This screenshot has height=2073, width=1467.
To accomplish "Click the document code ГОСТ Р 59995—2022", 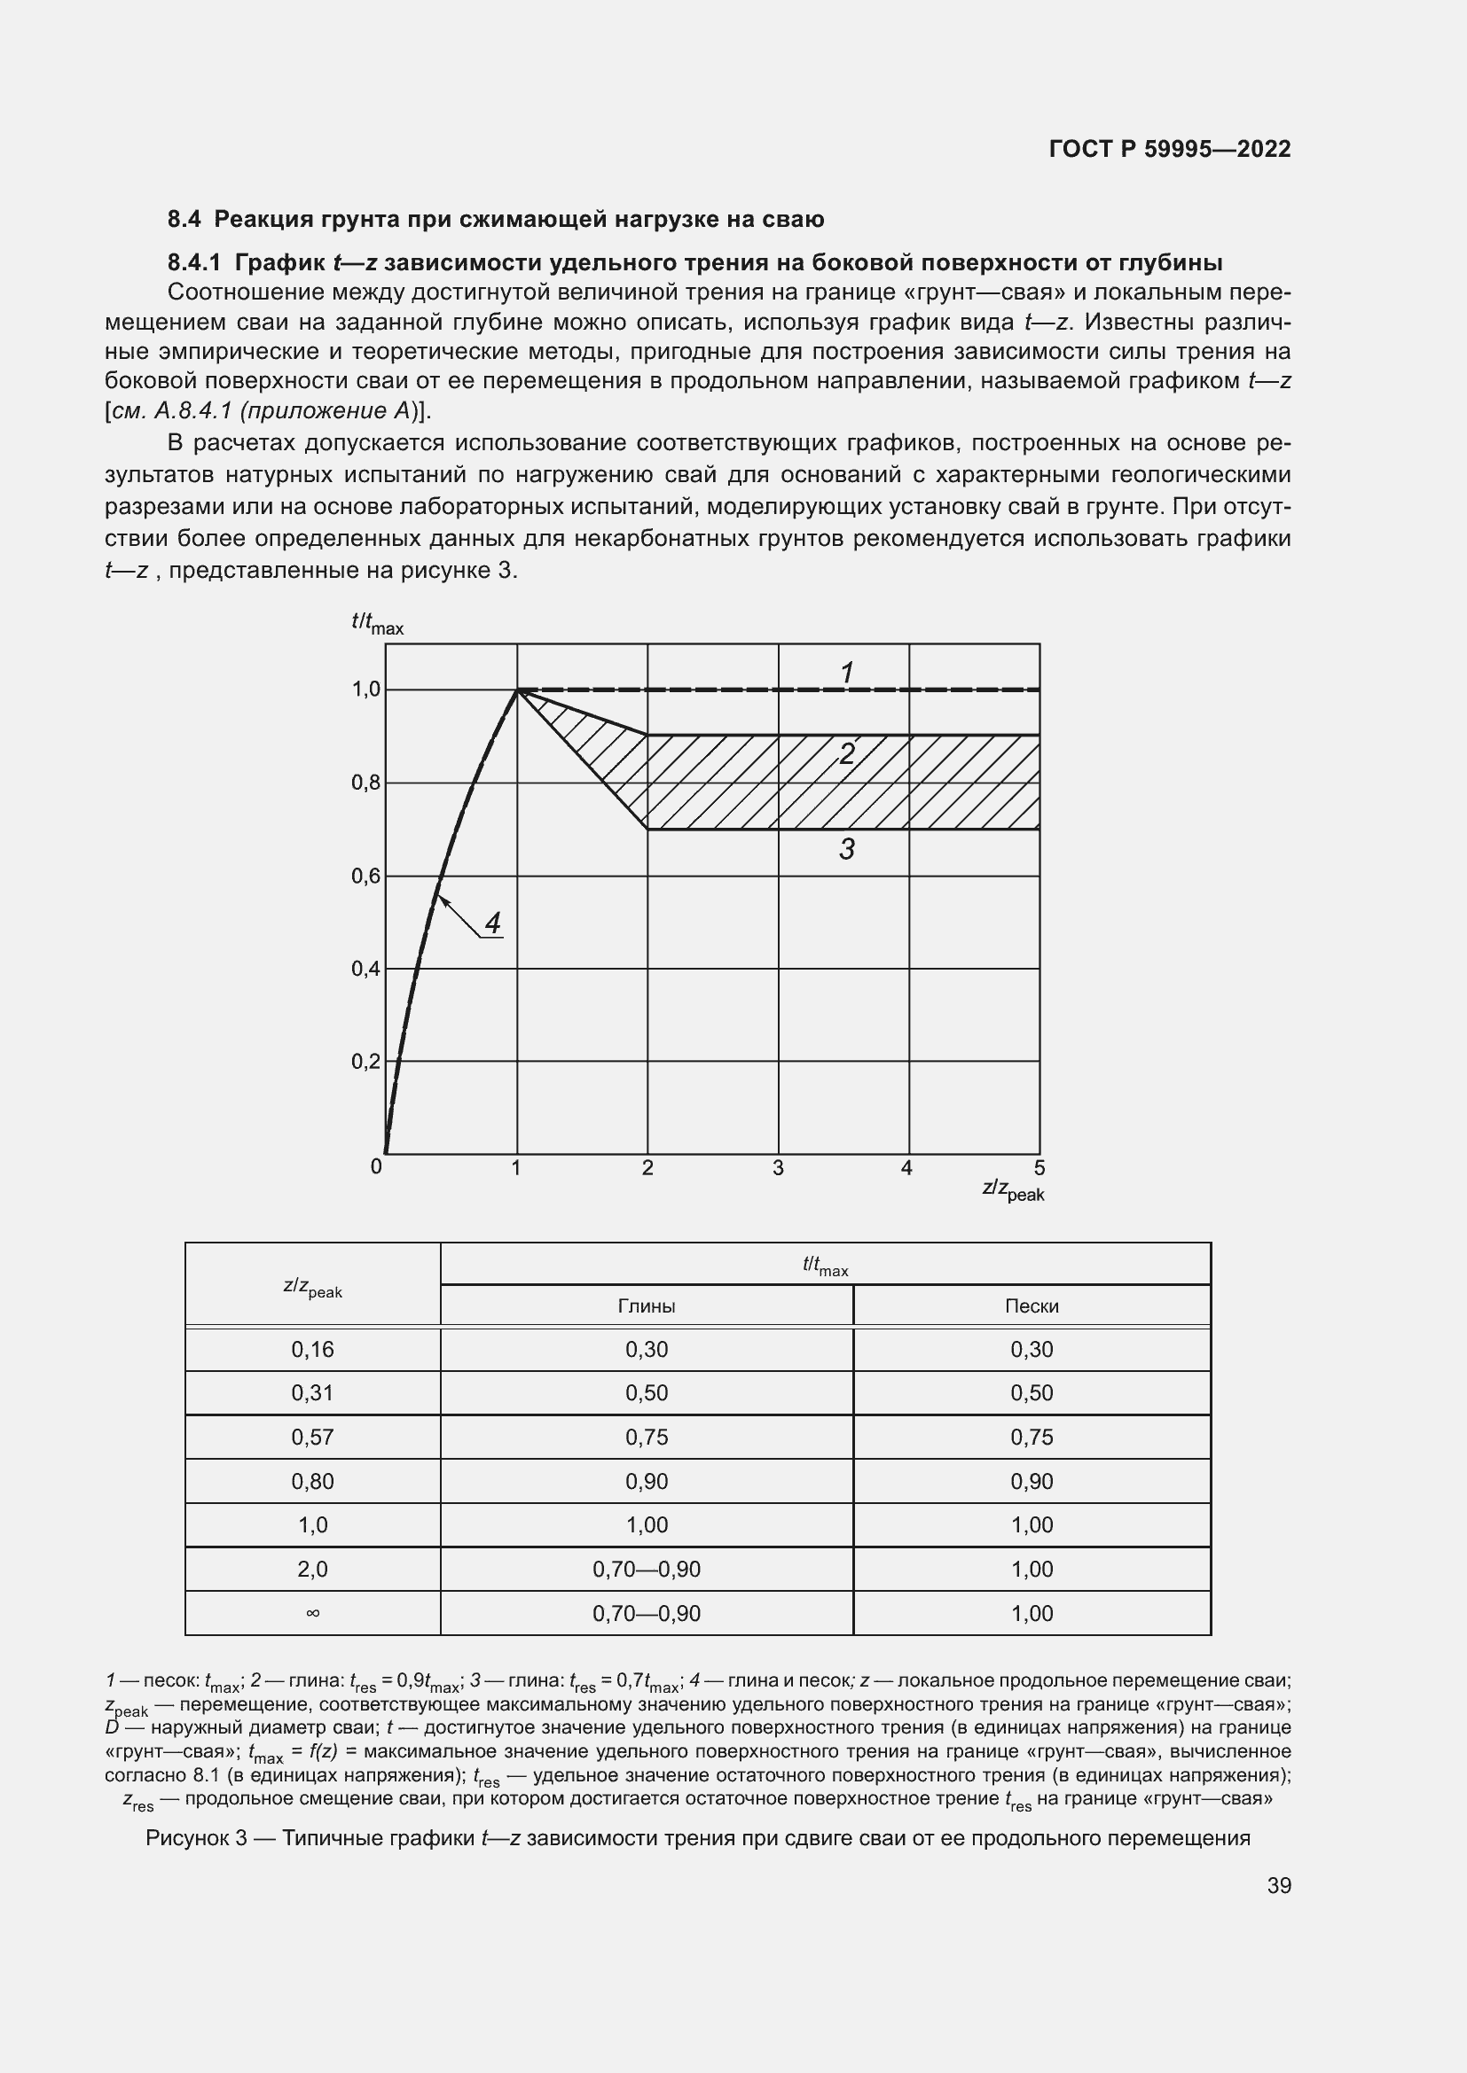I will coord(1170,149).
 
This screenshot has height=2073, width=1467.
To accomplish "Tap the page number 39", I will coord(1278,1885).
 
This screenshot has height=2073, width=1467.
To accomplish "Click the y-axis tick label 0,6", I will coord(365,876).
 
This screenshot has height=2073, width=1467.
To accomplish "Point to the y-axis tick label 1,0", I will coord(365,690).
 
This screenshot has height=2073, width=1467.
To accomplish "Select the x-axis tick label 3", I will coord(778,1168).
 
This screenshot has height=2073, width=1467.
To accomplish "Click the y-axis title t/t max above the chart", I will coord(377,623).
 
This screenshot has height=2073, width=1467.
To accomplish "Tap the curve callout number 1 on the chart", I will coord(846,673).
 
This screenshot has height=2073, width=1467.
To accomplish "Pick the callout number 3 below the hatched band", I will coord(846,849).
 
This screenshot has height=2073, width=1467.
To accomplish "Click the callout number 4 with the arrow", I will coord(492,923).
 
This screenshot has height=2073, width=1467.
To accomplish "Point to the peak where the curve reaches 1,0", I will coord(518,690).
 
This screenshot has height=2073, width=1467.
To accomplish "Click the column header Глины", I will coord(646,1305).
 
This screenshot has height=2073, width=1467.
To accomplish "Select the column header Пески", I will coord(1032,1305).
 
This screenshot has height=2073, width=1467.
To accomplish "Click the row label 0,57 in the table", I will coord(312,1437).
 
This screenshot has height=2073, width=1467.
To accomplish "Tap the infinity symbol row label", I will coord(312,1613).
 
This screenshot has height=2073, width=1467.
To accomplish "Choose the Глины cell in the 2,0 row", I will coord(646,1570).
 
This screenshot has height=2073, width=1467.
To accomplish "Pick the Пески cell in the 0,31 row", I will coord(1032,1392).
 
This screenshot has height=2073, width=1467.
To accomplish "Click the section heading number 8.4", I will coord(185,220).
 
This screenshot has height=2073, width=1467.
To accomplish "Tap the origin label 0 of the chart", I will coord(376,1166).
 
